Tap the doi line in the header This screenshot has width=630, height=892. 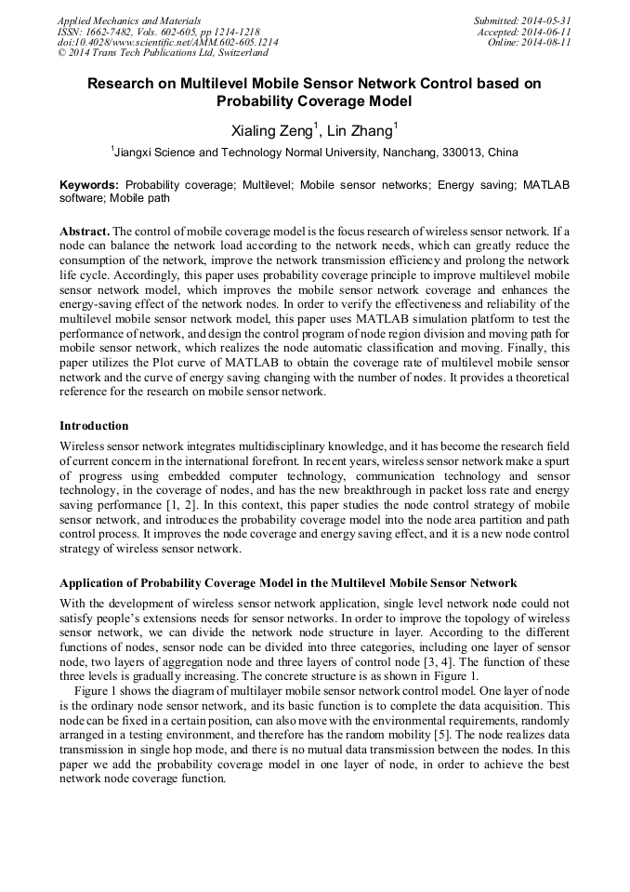[x=167, y=43]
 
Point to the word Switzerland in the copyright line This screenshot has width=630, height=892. [x=241, y=54]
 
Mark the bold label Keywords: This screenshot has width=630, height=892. [x=89, y=185]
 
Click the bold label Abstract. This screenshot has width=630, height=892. [x=85, y=230]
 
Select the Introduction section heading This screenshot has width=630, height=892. [x=94, y=426]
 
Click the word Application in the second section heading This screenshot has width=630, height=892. [x=98, y=583]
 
